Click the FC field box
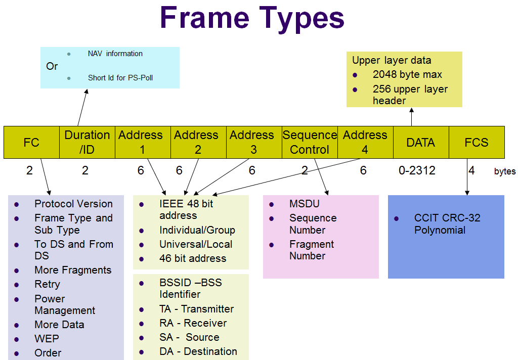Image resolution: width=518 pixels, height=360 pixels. click(31, 143)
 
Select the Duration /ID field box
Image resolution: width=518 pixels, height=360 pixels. click(87, 143)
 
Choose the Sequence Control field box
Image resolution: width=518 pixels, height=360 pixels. click(310, 143)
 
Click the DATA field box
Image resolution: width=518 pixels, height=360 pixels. click(421, 143)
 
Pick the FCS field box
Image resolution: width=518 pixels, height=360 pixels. click(477, 143)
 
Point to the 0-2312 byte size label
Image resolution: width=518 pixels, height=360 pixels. click(417, 171)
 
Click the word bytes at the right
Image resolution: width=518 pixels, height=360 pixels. click(505, 171)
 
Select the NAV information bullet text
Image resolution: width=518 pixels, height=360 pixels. click(115, 54)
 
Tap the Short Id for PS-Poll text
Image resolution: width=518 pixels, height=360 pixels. click(120, 78)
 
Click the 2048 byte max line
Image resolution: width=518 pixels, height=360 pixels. click(407, 74)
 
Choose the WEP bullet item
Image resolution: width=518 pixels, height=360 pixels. click(47, 339)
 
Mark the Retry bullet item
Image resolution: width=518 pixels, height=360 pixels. click(47, 284)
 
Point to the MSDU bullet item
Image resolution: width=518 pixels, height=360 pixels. click(304, 204)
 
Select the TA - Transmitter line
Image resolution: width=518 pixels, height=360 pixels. click(196, 309)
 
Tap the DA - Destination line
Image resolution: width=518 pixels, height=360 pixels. click(198, 351)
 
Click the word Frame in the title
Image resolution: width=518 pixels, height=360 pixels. click(204, 18)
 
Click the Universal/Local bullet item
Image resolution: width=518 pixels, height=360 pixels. click(196, 244)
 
